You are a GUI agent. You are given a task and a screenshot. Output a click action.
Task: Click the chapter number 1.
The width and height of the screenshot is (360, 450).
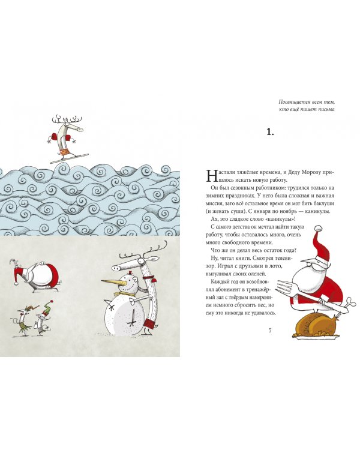(270, 132)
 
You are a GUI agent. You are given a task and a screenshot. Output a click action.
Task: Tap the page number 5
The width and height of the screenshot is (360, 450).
(269, 330)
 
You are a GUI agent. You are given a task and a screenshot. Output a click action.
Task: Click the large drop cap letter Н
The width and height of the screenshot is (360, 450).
(211, 176)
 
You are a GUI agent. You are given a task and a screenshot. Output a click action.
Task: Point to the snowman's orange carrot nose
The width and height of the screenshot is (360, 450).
(114, 281)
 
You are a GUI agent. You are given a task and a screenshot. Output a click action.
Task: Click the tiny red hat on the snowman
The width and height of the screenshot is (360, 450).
(130, 272)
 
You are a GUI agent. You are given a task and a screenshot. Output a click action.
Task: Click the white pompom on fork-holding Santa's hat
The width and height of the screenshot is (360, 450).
(317, 228)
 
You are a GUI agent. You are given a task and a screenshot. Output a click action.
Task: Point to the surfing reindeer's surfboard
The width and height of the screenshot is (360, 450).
(69, 158)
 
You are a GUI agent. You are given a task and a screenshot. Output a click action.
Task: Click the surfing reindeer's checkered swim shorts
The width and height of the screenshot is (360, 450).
(64, 151)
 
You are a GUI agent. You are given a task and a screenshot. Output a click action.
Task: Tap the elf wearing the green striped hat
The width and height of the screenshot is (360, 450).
(43, 319)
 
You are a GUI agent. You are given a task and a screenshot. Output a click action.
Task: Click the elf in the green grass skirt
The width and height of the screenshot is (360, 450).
(23, 321)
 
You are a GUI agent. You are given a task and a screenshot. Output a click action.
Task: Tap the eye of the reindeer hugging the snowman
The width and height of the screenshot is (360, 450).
(141, 261)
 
